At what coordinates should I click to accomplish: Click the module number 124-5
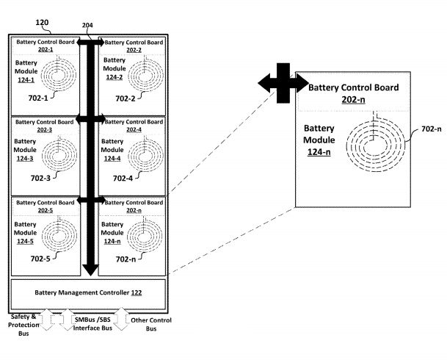click(x=25, y=242)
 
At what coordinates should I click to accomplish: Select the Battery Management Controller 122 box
click(x=88, y=292)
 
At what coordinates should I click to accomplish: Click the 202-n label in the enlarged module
click(x=353, y=99)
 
